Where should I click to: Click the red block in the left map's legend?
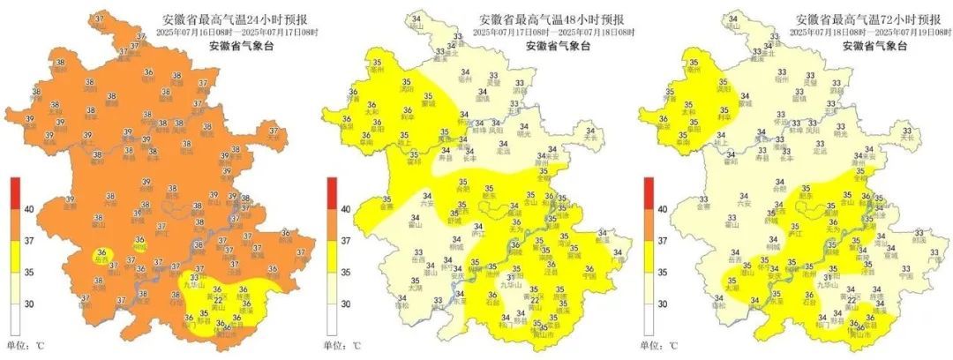point(14,192)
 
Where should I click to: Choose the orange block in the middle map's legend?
point(332,224)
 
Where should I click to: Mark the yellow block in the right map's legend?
point(649,255)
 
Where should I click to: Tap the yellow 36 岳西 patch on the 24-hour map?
point(103,255)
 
